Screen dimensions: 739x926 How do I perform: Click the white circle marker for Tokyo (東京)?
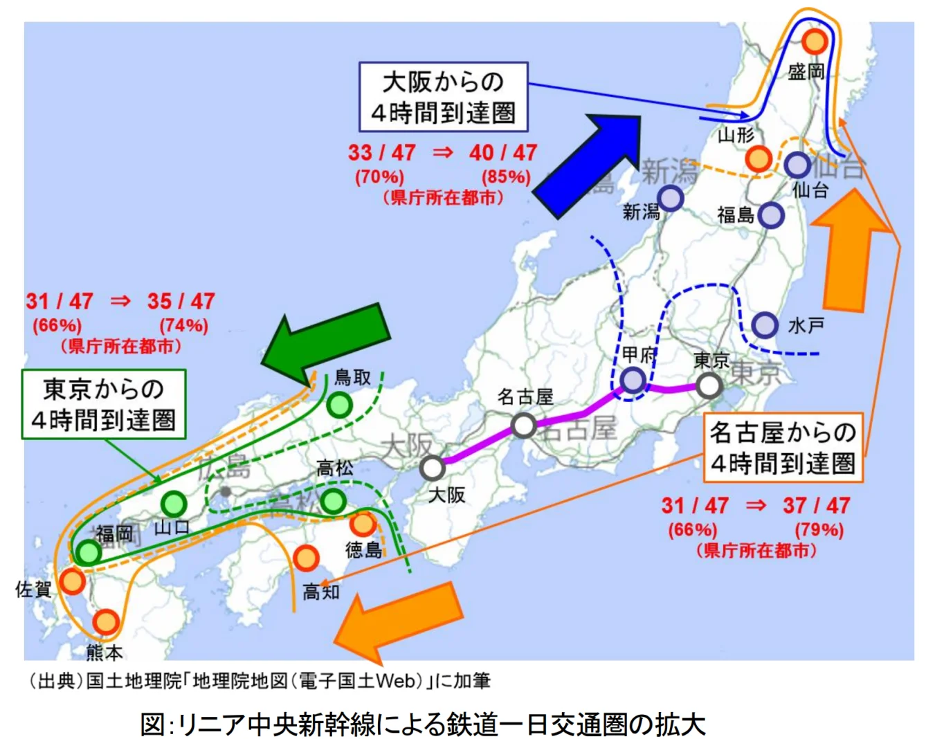point(709,385)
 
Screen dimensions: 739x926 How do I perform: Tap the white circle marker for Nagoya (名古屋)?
point(524,426)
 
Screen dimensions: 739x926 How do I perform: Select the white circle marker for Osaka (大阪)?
point(433,468)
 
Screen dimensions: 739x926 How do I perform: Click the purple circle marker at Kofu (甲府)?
point(633,380)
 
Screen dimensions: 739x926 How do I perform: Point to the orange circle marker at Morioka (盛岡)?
point(815,42)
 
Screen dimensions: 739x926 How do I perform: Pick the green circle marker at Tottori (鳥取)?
point(339,405)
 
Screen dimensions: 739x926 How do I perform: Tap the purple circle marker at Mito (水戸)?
point(765,325)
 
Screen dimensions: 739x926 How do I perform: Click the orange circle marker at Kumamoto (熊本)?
point(105,622)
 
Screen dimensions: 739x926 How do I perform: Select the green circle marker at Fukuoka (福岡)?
point(89,552)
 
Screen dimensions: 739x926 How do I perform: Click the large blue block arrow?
point(588,166)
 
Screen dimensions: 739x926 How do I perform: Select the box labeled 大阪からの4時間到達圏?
point(443,97)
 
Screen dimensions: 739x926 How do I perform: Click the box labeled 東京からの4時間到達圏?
point(104,404)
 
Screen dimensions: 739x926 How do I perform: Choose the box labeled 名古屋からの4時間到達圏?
point(783,448)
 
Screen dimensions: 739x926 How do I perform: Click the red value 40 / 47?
point(503,153)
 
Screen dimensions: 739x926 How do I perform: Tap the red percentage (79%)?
point(819,530)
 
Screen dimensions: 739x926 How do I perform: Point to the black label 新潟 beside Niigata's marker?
point(641,212)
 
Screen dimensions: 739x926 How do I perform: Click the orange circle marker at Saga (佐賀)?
point(71,581)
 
